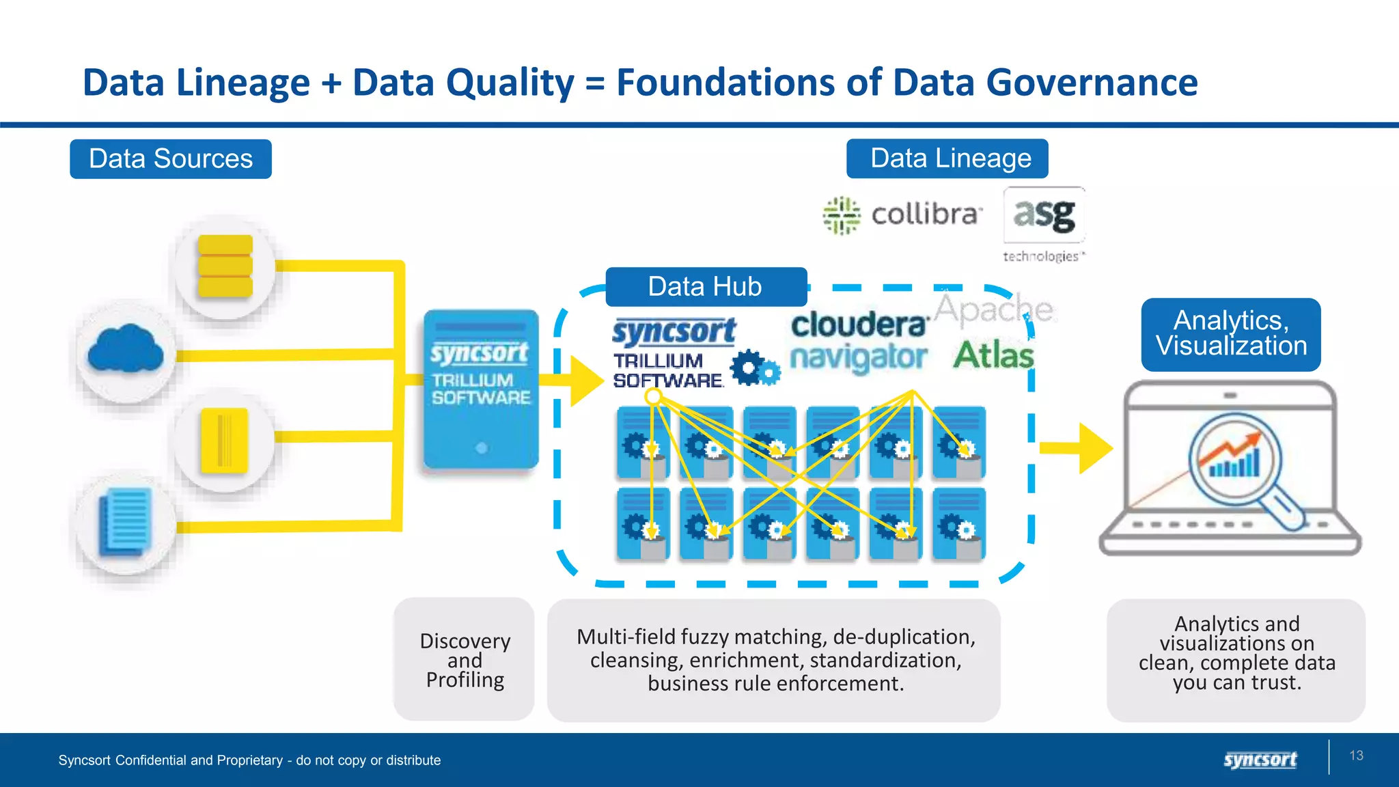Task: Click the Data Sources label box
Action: click(x=171, y=159)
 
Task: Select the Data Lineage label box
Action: click(x=947, y=158)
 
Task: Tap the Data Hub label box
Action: click(x=706, y=287)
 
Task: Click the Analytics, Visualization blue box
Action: click(x=1231, y=334)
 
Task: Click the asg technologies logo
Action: click(x=1044, y=224)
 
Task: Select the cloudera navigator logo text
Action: click(x=859, y=342)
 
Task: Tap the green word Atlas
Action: click(x=993, y=355)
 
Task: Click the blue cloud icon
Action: click(x=126, y=349)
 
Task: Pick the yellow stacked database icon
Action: click(x=225, y=266)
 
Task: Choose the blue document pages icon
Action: click(x=125, y=523)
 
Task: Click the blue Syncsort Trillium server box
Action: click(x=481, y=389)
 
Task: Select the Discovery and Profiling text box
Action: click(x=465, y=660)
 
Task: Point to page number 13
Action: click(x=1356, y=756)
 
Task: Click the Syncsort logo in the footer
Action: click(x=1260, y=760)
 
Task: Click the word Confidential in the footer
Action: click(x=150, y=760)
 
